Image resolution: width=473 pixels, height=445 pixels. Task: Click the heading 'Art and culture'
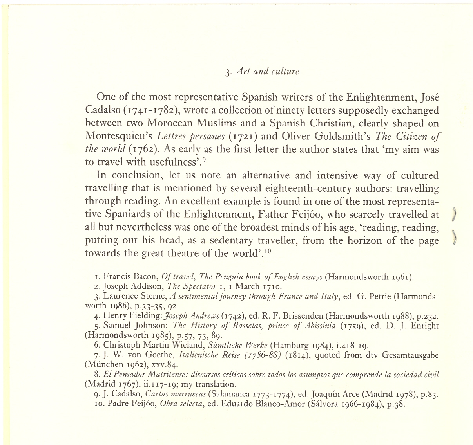(x=268, y=72)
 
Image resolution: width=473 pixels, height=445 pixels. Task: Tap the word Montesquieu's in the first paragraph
(x=119, y=136)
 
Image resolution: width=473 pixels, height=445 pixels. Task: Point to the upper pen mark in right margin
(x=455, y=214)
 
